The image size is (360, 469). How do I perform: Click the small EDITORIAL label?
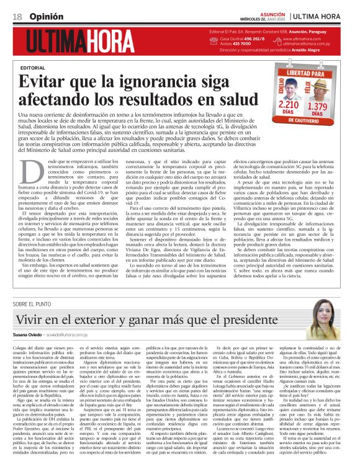pos(33,68)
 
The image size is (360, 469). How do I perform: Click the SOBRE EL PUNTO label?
pos(34,304)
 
